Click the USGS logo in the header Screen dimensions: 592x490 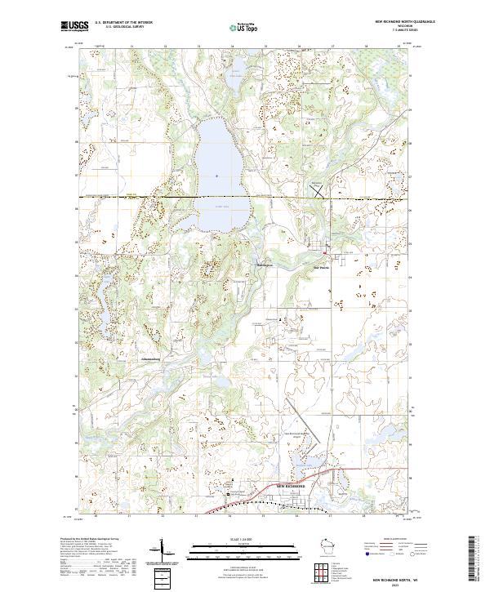coord(73,26)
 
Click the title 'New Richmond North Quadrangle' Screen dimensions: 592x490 coord(405,21)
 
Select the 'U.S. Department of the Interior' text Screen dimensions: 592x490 coord(122,22)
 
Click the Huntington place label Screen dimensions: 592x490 coord(261,266)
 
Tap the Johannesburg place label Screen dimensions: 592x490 coord(143,357)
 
